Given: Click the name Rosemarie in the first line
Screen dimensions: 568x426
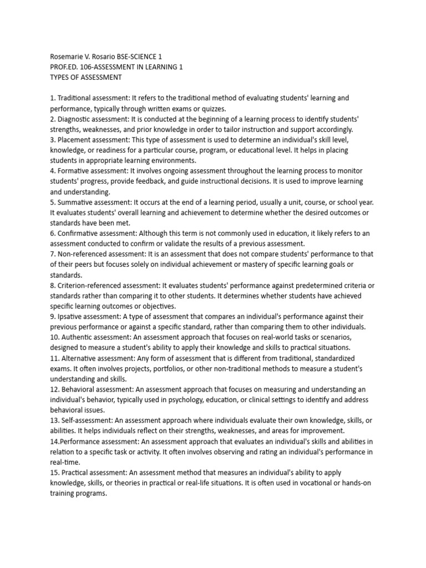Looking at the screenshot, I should pyautogui.click(x=67, y=56).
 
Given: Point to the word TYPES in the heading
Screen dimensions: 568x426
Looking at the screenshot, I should pyautogui.click(x=60, y=77).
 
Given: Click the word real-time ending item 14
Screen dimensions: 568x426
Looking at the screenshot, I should pyautogui.click(x=65, y=462).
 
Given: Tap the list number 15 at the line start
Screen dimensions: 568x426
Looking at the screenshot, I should pyautogui.click(x=53, y=473).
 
